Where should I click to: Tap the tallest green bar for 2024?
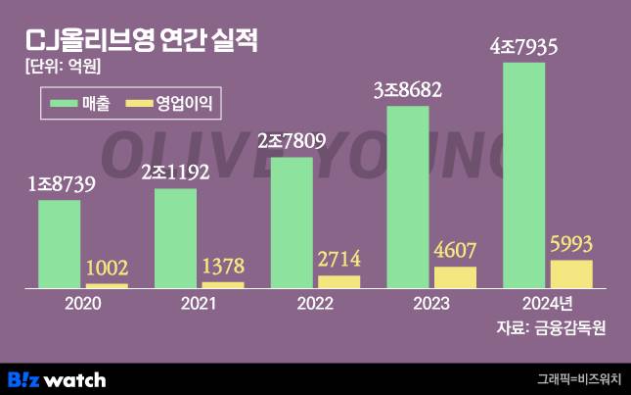coord(524,176)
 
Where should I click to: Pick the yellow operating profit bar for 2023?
coord(455,276)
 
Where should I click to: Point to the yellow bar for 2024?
coord(571,273)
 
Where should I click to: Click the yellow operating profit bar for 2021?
coord(223,284)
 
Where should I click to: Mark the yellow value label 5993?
coord(571,244)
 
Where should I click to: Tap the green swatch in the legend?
coord(68,100)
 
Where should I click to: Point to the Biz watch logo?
coord(57,378)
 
